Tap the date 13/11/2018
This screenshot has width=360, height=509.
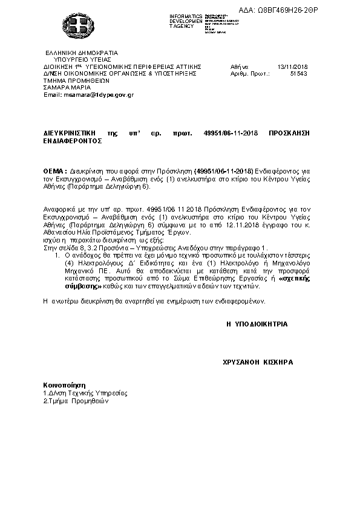292,66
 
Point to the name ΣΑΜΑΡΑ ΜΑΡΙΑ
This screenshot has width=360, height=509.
66,87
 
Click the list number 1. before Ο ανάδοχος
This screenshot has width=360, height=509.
58,256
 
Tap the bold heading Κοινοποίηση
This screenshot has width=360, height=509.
64,384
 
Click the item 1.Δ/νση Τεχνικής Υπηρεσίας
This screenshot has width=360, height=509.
85,392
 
